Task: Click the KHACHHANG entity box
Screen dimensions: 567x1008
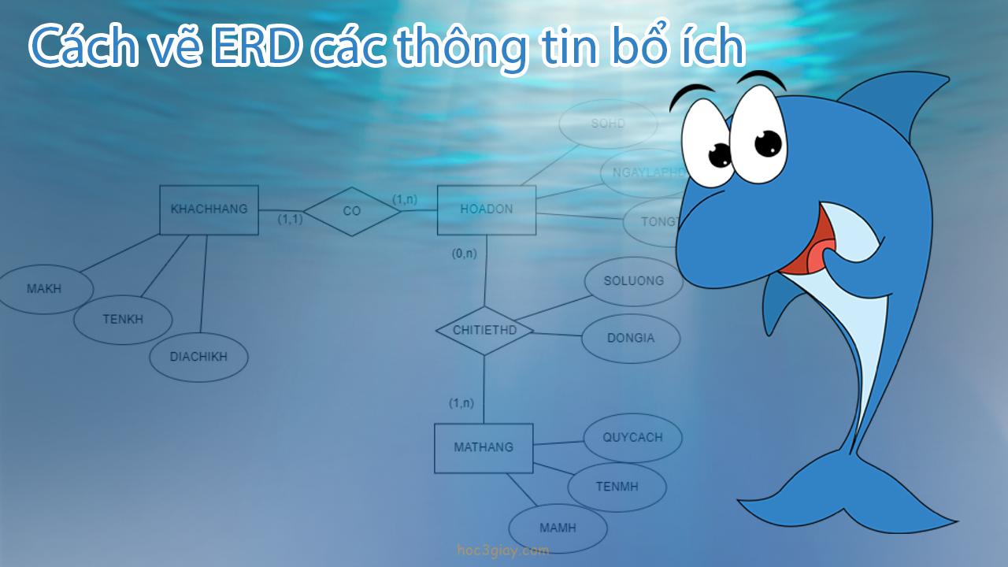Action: (x=209, y=209)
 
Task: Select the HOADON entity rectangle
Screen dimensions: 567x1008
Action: (x=487, y=209)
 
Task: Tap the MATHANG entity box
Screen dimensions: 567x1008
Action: (x=484, y=447)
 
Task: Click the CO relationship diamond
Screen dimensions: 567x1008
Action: (x=352, y=211)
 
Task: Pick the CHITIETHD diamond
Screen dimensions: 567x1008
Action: (x=484, y=330)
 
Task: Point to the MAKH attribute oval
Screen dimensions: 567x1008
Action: (x=44, y=289)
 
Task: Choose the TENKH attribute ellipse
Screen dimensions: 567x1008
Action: (x=123, y=319)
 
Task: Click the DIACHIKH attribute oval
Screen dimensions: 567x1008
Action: (x=198, y=357)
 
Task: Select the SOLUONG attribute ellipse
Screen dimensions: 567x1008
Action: (x=634, y=281)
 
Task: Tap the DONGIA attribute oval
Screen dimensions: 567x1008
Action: (x=631, y=339)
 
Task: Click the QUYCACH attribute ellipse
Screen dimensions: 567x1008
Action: (x=632, y=438)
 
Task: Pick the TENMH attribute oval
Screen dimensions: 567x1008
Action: (x=617, y=487)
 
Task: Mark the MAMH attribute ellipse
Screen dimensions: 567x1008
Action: (x=558, y=528)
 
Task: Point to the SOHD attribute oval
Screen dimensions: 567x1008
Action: (x=608, y=124)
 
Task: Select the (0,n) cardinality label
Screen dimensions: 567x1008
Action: (x=464, y=254)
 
